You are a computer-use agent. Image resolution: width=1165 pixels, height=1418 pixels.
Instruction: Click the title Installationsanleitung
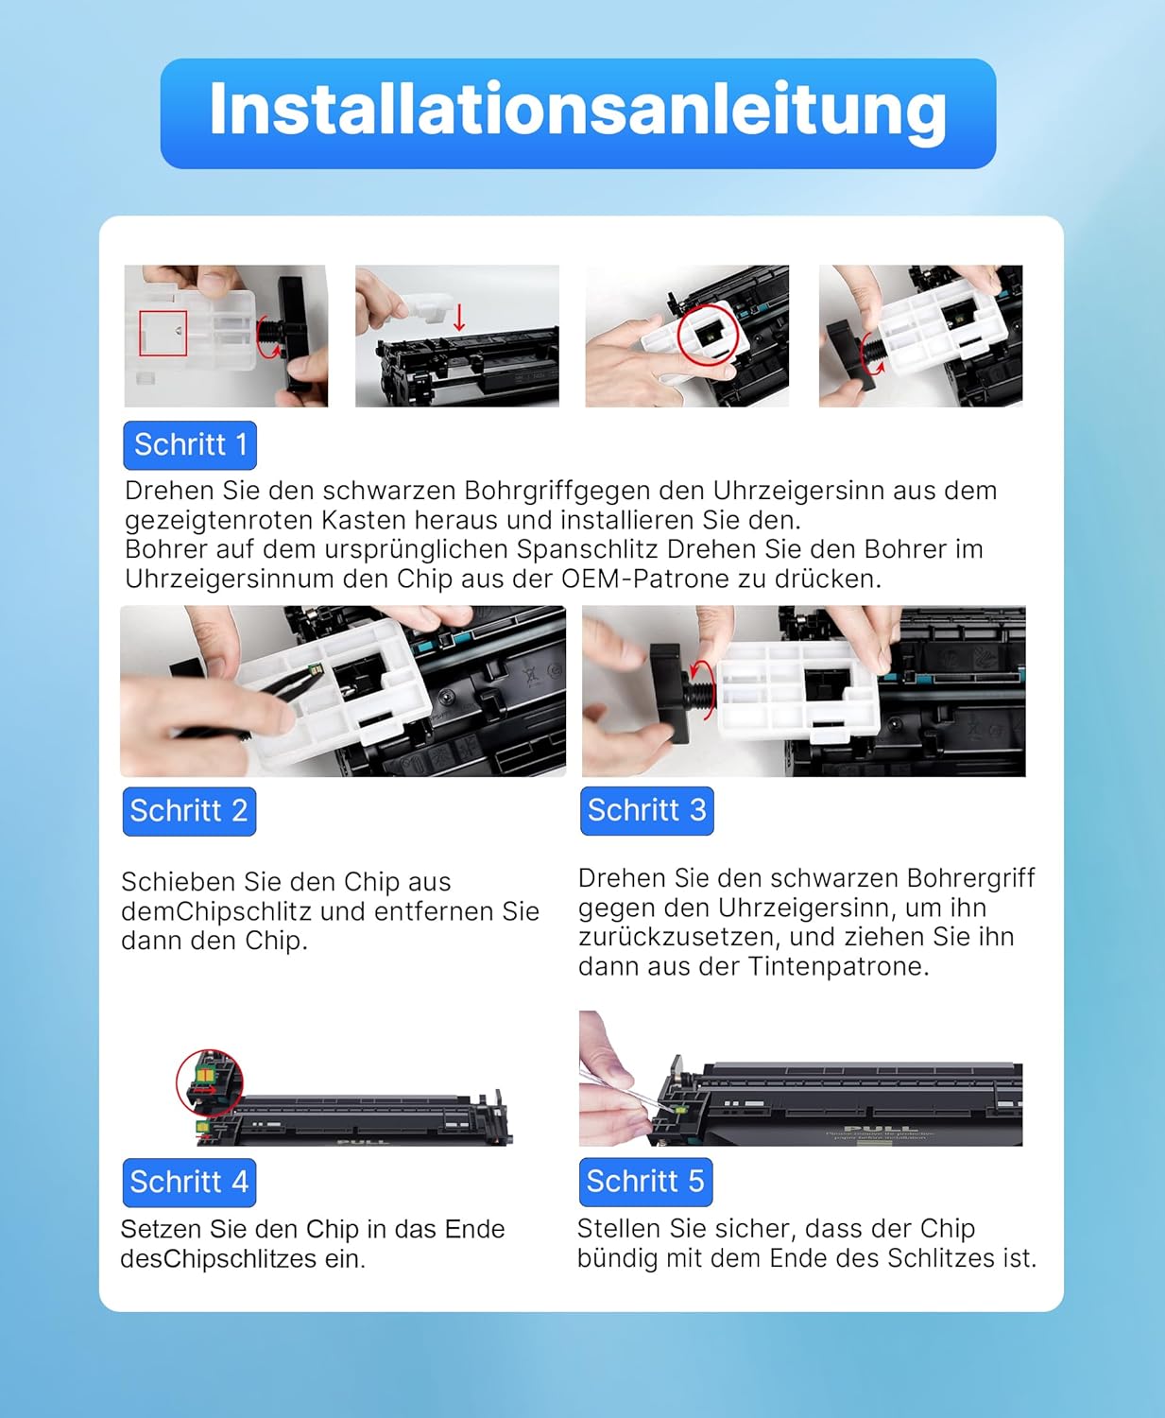(x=577, y=112)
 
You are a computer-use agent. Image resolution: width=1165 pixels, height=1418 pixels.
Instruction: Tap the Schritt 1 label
(x=190, y=444)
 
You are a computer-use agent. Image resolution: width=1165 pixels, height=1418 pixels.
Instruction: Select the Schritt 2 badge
(x=189, y=811)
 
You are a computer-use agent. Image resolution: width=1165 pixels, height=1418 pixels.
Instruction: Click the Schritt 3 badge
(x=646, y=810)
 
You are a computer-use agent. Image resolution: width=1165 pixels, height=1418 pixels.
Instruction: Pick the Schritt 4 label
(x=189, y=1182)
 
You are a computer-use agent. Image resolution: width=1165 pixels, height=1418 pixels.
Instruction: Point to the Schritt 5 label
(x=645, y=1182)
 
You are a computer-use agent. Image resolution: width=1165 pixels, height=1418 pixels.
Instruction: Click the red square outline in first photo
(x=163, y=333)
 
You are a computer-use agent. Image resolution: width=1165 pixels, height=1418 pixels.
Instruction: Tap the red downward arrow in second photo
(x=459, y=318)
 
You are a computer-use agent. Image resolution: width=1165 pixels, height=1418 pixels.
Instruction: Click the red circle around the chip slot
(x=708, y=333)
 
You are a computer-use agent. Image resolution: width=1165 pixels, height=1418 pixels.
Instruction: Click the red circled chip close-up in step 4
(x=210, y=1082)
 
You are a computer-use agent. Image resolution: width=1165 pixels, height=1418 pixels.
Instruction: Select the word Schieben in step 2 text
(x=178, y=882)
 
